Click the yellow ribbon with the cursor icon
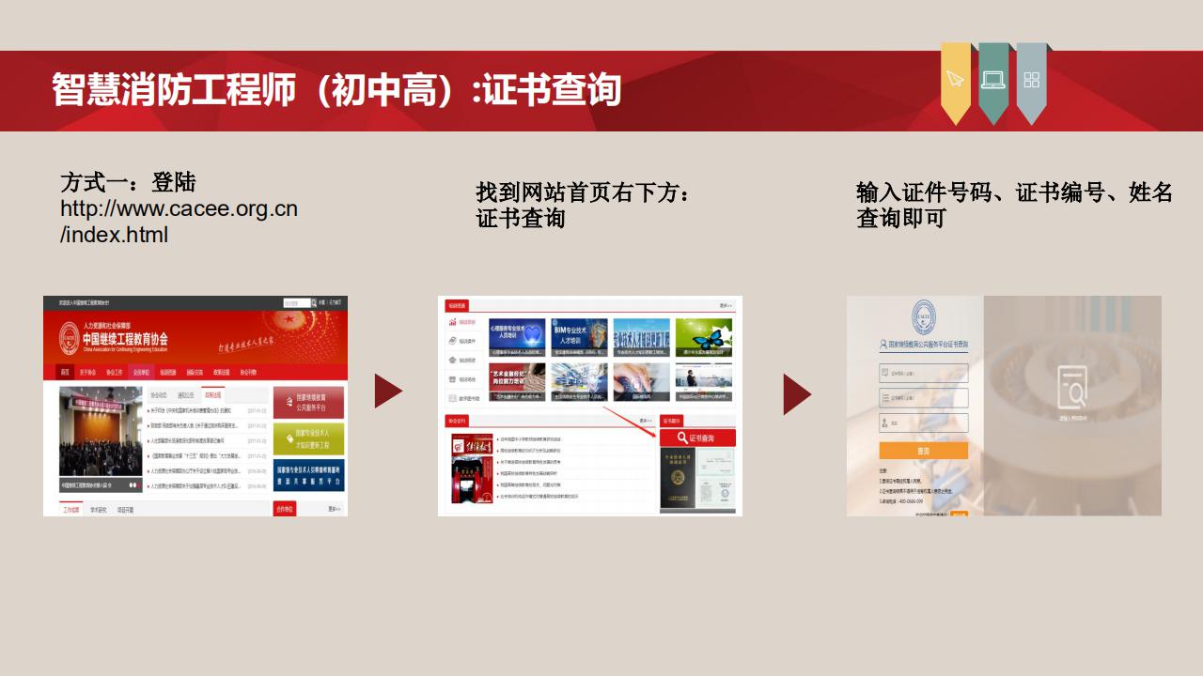956,81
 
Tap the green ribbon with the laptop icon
993,81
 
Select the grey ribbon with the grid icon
1031,81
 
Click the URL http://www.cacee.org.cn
179,208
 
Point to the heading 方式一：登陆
128,182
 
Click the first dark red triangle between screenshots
387,392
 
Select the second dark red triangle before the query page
796,393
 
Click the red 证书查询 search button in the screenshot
698,438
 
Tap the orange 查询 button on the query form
923,451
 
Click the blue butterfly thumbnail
704,339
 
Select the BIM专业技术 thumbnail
580,339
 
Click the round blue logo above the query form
924,317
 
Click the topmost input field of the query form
923,373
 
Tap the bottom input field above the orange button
923,423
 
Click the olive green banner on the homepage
308,438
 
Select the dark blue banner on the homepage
308,475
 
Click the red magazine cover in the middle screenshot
472,468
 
